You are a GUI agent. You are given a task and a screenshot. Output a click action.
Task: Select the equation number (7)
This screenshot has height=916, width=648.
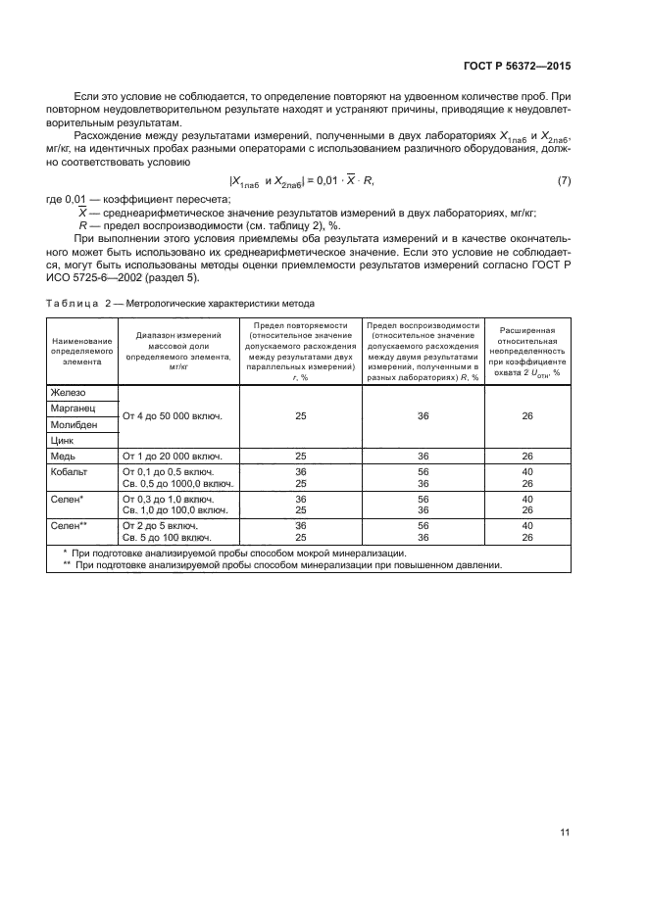tap(564, 181)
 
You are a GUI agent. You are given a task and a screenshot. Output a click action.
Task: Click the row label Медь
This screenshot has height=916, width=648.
tap(64, 457)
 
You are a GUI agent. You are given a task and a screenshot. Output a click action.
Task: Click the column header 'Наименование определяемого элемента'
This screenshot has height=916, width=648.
tap(82, 348)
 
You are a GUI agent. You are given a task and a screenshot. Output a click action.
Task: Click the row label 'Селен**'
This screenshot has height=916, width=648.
tap(70, 525)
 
